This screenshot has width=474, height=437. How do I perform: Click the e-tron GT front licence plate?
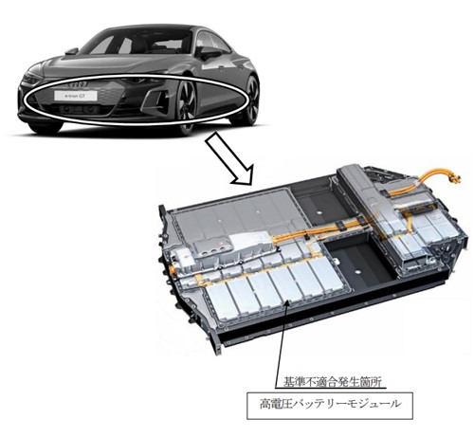pos(76,96)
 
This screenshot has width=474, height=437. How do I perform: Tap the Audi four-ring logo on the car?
pos(77,84)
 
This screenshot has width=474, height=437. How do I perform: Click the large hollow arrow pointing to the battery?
pos(229,159)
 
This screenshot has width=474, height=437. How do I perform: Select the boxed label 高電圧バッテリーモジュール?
pos(330,406)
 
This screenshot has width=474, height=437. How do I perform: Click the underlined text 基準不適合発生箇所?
pos(331,382)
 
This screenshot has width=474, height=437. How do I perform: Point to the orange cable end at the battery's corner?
pos(456,179)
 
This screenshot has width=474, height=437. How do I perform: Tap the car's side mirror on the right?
pos(209,52)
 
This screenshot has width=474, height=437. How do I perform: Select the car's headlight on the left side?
pos(31,78)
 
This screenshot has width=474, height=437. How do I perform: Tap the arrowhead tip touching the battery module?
pos(287,301)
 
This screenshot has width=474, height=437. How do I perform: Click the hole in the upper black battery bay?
pos(319,211)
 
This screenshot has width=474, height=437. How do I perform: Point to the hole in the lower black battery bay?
pos(357,271)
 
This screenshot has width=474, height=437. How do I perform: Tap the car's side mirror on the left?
pos(72,51)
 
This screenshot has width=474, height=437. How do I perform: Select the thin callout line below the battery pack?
pos(281,344)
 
